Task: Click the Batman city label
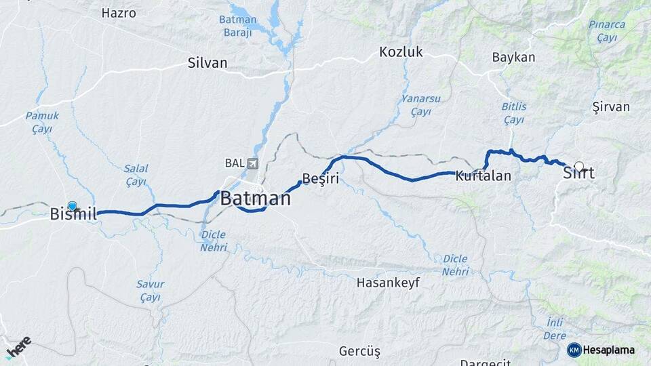point(256,199)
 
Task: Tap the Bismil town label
point(75,214)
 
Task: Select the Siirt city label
point(578,174)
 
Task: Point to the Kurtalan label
point(483,176)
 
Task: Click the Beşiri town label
point(320,178)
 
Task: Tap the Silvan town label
point(208,63)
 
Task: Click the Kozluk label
point(401,52)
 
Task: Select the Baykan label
point(513,57)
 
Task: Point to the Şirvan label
point(610,106)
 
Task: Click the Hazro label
point(119,13)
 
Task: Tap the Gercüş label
point(359,351)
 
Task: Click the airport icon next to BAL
point(253,163)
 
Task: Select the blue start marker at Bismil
point(73,205)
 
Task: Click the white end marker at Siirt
point(578,165)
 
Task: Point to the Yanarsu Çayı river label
point(420,105)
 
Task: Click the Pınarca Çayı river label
point(607,30)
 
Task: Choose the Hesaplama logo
point(601,350)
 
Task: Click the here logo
point(18,346)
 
